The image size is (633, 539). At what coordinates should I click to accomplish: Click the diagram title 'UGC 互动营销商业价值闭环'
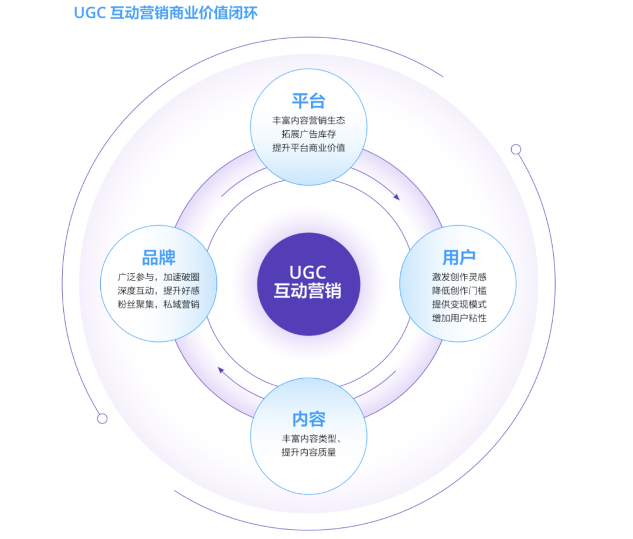(x=165, y=13)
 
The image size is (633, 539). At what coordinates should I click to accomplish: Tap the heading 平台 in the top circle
(x=308, y=101)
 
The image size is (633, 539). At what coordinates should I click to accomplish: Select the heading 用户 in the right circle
(x=458, y=257)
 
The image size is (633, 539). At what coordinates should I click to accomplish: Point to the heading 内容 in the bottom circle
(x=308, y=419)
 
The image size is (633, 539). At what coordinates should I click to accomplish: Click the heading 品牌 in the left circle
(x=159, y=257)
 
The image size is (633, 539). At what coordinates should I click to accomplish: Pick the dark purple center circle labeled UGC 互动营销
(x=308, y=284)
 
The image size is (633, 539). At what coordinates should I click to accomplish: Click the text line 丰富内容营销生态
(x=308, y=120)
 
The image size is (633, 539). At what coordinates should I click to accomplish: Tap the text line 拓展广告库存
(x=308, y=134)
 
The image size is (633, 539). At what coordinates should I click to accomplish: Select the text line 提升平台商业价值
(x=308, y=147)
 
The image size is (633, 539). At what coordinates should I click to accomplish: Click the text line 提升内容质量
(x=308, y=452)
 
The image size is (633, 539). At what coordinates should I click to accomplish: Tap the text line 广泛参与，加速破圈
(x=158, y=277)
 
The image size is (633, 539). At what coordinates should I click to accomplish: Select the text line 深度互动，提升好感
(x=158, y=290)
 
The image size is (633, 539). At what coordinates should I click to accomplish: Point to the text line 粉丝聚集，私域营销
(x=158, y=304)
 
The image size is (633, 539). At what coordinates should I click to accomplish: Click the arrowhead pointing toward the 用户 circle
(x=396, y=197)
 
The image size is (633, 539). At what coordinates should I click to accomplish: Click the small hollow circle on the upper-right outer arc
(x=516, y=150)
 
